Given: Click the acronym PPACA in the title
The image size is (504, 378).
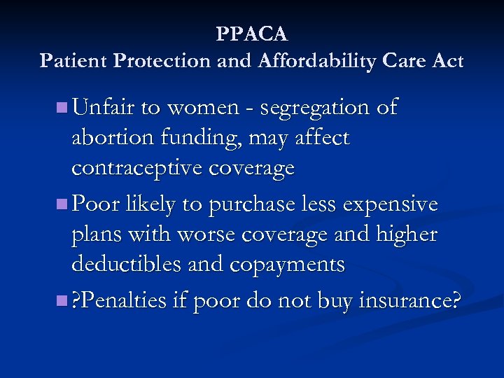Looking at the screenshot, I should click(252, 34).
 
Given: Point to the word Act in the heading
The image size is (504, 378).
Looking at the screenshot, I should click(447, 61).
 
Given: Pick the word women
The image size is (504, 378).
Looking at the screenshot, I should click(206, 108).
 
